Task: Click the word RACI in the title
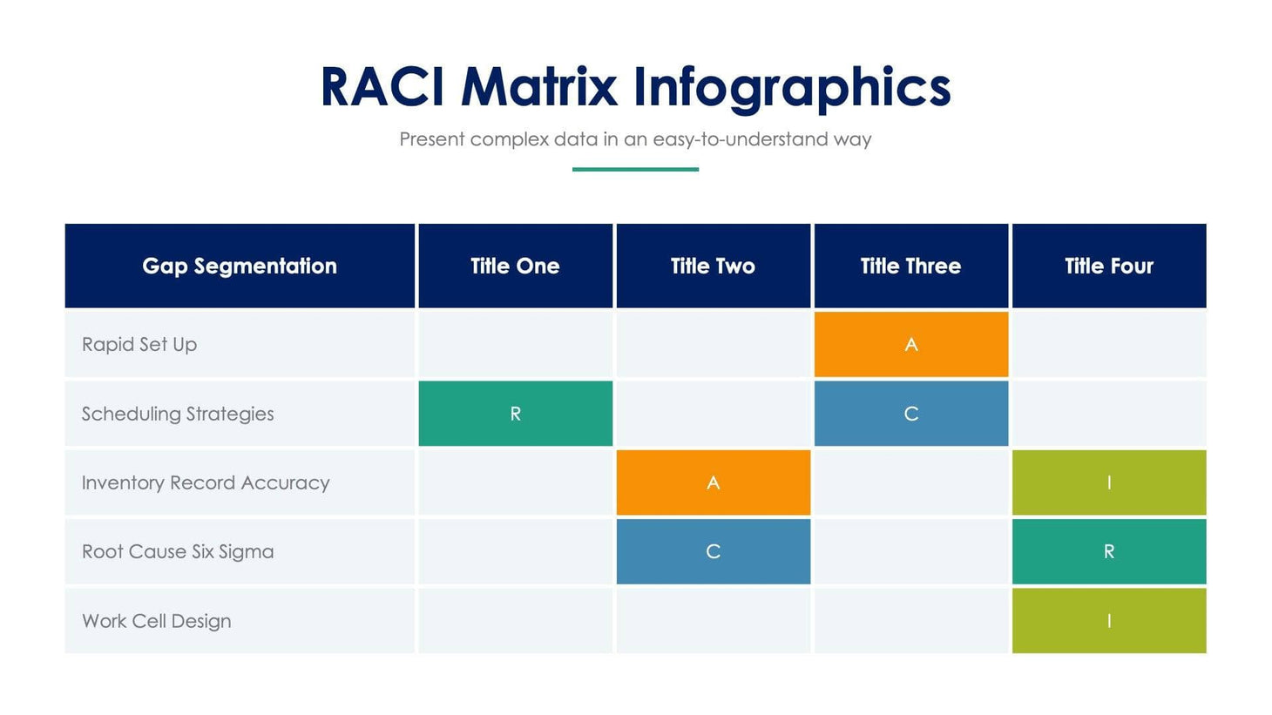[x=383, y=87]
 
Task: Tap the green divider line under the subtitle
[x=635, y=169]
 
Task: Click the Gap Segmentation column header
[x=240, y=266]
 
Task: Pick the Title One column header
[x=515, y=266]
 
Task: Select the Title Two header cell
[x=713, y=266]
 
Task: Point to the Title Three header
[x=910, y=266]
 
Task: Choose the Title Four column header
[x=1108, y=266]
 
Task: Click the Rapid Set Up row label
[x=139, y=345]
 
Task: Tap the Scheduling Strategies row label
[x=178, y=414]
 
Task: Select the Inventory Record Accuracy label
[x=206, y=482]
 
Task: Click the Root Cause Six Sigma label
[x=178, y=551]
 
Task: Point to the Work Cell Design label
[x=157, y=621]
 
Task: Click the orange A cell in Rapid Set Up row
[x=910, y=345]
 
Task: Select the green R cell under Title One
[x=515, y=414]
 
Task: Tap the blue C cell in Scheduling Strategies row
[x=910, y=414]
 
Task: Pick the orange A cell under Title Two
[x=713, y=482]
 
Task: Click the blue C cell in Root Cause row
[x=713, y=551]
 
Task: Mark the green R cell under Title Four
[x=1108, y=551]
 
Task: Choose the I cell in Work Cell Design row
[x=1108, y=621]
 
